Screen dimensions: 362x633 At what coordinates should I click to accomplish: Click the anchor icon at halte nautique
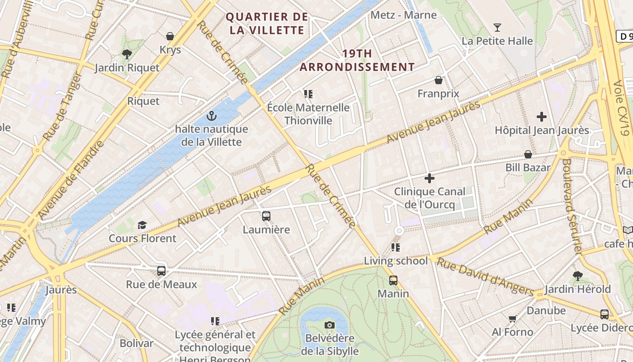(211, 116)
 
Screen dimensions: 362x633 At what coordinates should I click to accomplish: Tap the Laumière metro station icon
(266, 216)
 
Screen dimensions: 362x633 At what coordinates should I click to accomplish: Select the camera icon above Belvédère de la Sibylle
(330, 325)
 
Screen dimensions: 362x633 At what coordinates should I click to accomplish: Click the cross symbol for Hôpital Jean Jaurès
(542, 117)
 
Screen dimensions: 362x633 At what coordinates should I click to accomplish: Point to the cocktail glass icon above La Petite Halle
(497, 28)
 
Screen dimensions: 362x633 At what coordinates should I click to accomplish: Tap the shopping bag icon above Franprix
(438, 81)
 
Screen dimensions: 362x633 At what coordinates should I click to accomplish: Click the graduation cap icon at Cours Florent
(142, 225)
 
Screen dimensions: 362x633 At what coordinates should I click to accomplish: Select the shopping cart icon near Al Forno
(512, 319)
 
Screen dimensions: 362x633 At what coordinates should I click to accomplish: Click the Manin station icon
(393, 281)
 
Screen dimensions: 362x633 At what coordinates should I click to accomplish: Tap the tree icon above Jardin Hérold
(577, 276)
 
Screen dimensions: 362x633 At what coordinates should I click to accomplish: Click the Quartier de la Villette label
(267, 24)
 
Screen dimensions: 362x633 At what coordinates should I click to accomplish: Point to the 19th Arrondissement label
(357, 60)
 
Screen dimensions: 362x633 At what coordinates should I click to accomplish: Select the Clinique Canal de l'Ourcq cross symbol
(430, 178)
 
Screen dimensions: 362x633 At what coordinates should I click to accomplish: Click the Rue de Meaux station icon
(161, 271)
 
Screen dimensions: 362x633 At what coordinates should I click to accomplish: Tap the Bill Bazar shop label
(528, 167)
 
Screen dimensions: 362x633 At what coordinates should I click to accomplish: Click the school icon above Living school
(396, 248)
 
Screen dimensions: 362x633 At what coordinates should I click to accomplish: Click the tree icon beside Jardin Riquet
(127, 54)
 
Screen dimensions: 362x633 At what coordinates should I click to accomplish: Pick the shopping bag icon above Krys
(170, 36)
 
